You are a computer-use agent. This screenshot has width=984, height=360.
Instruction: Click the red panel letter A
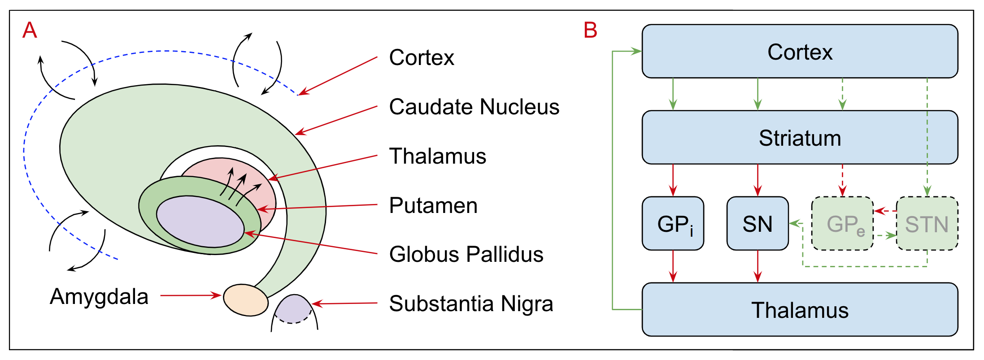click(x=30, y=30)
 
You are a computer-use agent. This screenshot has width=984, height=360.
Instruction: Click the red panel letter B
click(x=590, y=30)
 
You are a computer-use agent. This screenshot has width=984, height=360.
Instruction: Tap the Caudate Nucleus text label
click(x=474, y=107)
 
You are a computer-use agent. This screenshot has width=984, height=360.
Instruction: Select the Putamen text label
click(x=433, y=205)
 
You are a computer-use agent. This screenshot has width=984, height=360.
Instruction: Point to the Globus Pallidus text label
click(x=466, y=254)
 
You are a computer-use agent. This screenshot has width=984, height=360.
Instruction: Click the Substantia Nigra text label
click(x=471, y=304)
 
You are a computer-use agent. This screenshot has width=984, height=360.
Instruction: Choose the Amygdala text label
click(x=99, y=296)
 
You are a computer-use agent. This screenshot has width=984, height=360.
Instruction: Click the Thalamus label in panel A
click(x=437, y=156)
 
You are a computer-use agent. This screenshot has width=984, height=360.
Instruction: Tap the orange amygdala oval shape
click(x=246, y=300)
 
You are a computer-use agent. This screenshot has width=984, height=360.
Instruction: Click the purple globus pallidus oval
click(x=200, y=221)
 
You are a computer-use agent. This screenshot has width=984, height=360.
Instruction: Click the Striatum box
click(x=800, y=137)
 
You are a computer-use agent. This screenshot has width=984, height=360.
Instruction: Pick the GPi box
click(x=673, y=223)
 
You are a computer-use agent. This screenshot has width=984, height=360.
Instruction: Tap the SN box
click(x=758, y=223)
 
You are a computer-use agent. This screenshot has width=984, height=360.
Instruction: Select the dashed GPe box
click(x=842, y=223)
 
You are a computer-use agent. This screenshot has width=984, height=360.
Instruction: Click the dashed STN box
click(x=927, y=223)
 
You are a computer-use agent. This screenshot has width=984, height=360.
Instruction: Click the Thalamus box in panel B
click(x=800, y=309)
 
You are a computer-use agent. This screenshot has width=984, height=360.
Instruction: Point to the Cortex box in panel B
click(x=800, y=51)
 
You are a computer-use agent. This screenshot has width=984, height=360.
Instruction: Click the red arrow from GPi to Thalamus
click(x=673, y=266)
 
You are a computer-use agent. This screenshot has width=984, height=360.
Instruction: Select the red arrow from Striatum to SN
click(x=758, y=180)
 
